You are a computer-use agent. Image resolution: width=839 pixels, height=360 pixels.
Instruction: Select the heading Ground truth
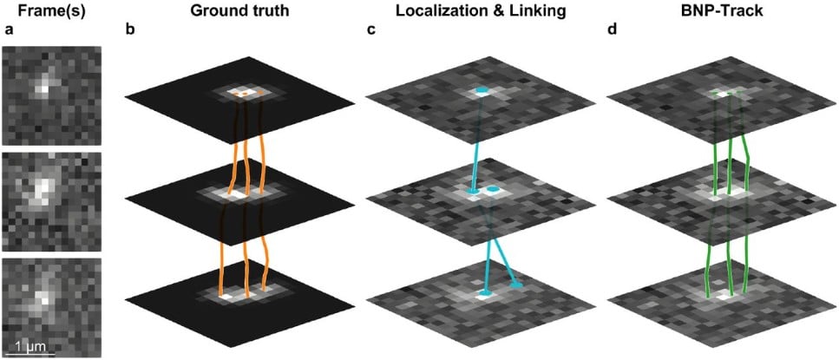coord(239,13)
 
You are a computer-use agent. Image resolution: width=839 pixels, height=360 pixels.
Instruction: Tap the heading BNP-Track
coord(723,13)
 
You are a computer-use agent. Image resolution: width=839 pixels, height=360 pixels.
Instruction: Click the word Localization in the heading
coord(436,13)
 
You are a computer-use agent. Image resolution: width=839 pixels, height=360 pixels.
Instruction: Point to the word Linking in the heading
coord(523,13)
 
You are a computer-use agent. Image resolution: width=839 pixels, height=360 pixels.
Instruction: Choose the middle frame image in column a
coord(51,200)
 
